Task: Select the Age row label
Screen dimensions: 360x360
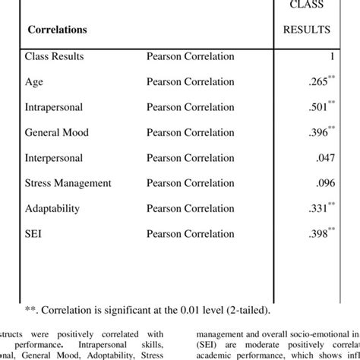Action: (35, 82)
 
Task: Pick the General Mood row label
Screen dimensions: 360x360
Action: (58, 132)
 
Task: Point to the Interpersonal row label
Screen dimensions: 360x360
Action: (55, 157)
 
